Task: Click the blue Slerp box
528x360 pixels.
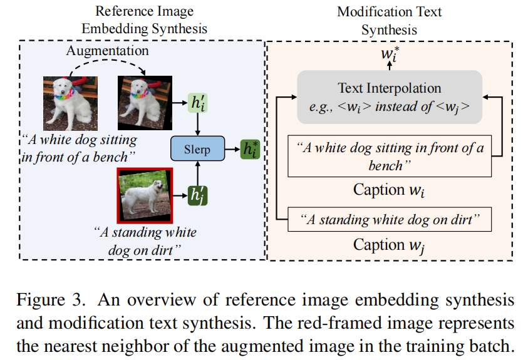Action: pyautogui.click(x=198, y=148)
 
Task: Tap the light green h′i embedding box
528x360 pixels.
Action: pyautogui.click(x=198, y=103)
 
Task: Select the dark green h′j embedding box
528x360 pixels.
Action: pyautogui.click(x=198, y=195)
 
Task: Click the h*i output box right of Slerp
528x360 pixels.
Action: pyautogui.click(x=250, y=149)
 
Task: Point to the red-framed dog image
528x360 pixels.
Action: pyautogui.click(x=145, y=195)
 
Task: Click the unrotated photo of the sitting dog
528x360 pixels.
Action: pyautogui.click(x=70, y=103)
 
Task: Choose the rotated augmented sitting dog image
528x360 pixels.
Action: pyautogui.click(x=145, y=103)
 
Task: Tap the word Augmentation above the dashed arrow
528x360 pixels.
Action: pyautogui.click(x=107, y=51)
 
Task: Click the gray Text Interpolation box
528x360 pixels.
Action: pyautogui.click(x=390, y=97)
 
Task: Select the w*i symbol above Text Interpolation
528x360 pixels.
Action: pyautogui.click(x=390, y=54)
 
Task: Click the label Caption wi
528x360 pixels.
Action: pyautogui.click(x=389, y=190)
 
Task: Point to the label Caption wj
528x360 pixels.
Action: pyautogui.click(x=389, y=245)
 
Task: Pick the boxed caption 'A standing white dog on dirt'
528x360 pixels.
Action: pyautogui.click(x=390, y=219)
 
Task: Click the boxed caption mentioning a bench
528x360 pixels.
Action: pyautogui.click(x=390, y=156)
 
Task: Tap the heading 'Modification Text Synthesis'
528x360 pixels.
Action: pyautogui.click(x=389, y=21)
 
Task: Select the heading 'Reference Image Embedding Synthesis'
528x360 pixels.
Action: pyautogui.click(x=145, y=20)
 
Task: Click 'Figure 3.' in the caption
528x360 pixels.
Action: pyautogui.click(x=51, y=300)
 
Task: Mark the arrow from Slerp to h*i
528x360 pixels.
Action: pyautogui.click(x=232, y=149)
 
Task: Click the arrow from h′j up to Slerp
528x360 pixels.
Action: pyautogui.click(x=198, y=173)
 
